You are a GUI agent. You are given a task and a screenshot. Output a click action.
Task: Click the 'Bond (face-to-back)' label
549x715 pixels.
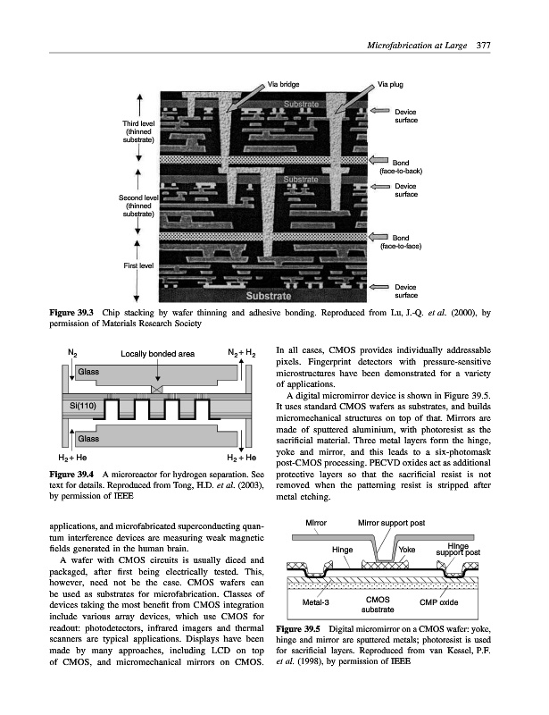tap(407, 166)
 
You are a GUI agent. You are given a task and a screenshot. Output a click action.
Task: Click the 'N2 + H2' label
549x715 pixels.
tap(241, 353)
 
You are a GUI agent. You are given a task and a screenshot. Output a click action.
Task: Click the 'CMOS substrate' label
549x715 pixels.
tap(378, 604)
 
